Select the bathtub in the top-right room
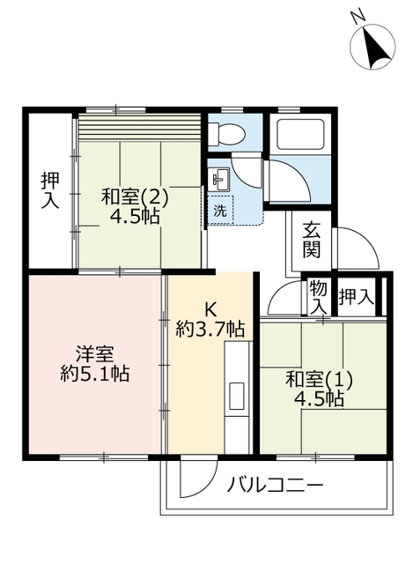coord(302,135)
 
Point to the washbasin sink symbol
coord(218,179)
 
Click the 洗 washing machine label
coord(219,211)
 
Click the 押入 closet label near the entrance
coord(357,297)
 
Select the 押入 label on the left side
coord(50,189)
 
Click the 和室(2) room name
coord(135,196)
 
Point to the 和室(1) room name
coord(319,380)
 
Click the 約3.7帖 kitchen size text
coord(210,330)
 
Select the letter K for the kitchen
coord(210,309)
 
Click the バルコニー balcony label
coord(276,486)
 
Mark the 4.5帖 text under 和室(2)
coord(135,216)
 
